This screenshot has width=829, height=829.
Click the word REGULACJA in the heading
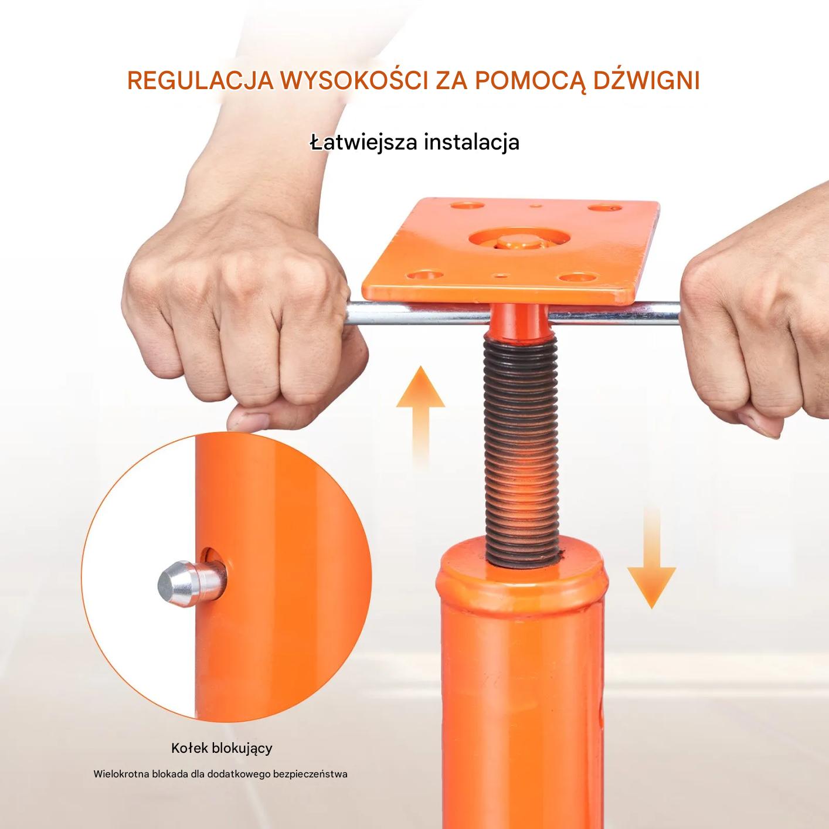(201, 80)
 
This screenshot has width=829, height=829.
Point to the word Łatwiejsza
(363, 142)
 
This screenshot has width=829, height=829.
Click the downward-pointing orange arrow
(651, 557)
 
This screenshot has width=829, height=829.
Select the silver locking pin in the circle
(192, 583)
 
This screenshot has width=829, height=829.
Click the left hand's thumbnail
(250, 419)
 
